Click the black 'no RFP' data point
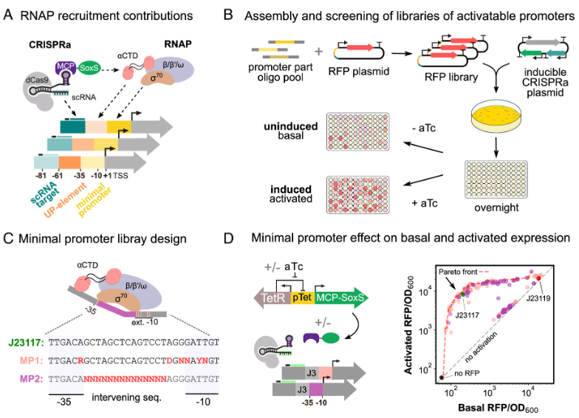(441, 377)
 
